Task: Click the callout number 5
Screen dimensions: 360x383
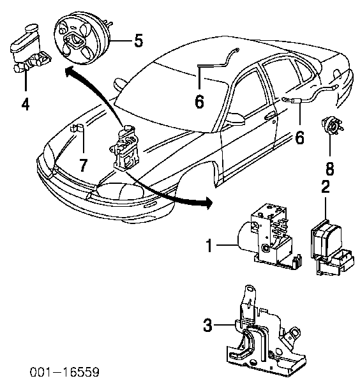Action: point(139,41)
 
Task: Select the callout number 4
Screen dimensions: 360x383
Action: point(26,104)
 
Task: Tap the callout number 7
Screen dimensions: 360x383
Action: point(83,165)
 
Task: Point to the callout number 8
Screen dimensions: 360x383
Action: point(330,169)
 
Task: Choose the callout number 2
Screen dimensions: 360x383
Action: point(326,187)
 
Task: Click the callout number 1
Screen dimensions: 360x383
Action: point(209,245)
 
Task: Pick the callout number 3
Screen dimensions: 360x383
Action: point(207,325)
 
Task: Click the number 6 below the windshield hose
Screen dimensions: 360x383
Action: point(199,101)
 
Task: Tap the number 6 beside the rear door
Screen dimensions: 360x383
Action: point(299,137)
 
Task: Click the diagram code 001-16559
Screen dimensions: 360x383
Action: point(64,372)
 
